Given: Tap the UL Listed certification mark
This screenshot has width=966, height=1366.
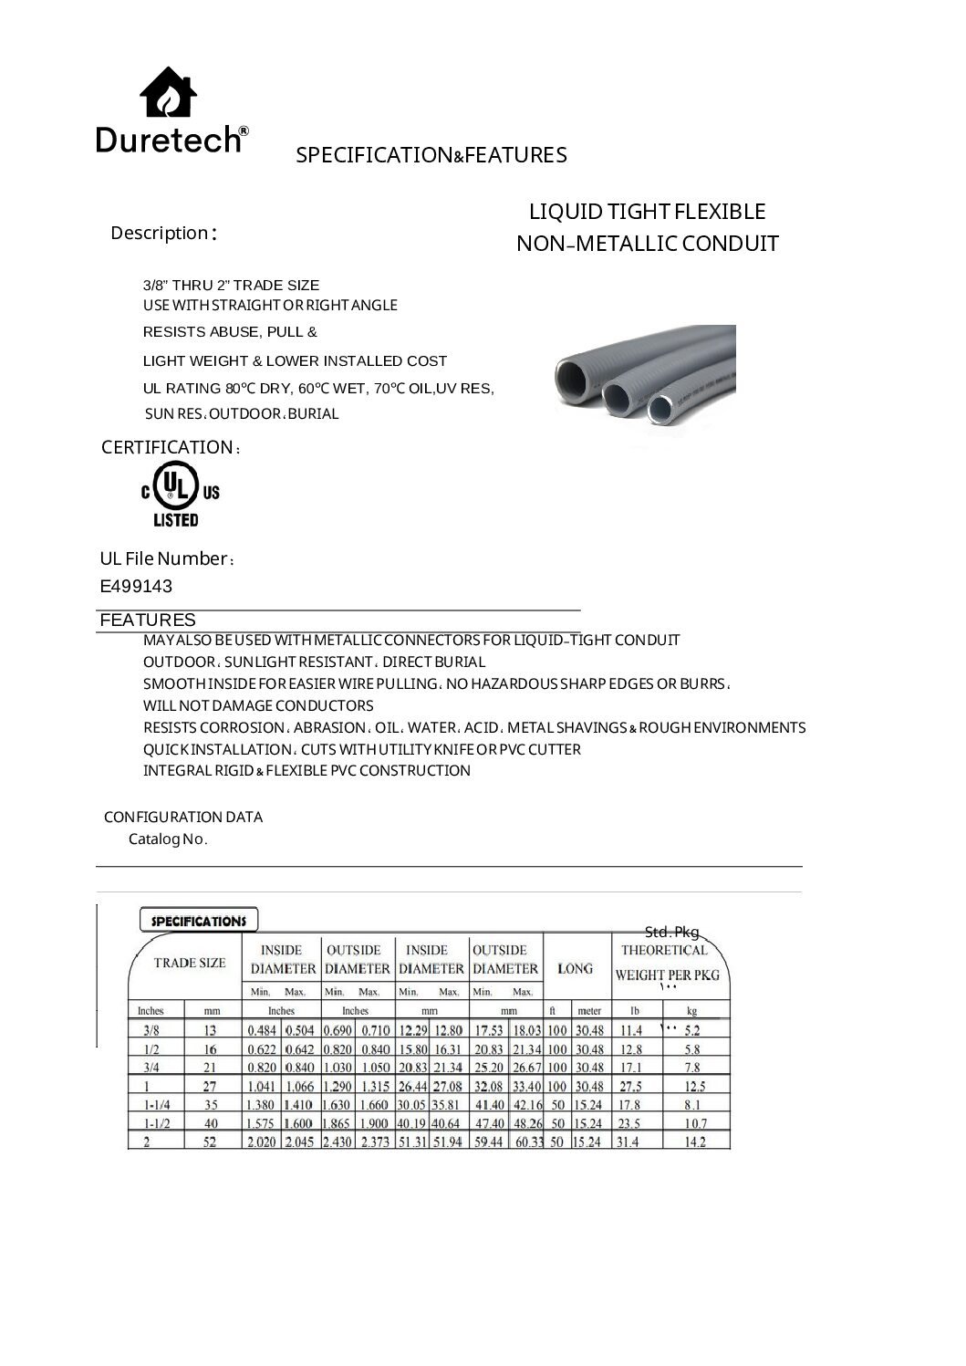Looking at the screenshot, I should click(x=180, y=494).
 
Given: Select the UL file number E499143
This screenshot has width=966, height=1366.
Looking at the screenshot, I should click(x=136, y=586).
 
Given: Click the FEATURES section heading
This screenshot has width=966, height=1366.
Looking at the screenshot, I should click(x=147, y=620).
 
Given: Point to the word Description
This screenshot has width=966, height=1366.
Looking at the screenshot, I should click(x=160, y=233).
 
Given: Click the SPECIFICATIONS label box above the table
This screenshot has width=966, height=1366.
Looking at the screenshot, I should click(x=199, y=920).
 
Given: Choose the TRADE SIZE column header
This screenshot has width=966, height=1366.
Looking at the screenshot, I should click(x=189, y=963).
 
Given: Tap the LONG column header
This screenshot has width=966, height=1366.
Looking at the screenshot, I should click(x=575, y=968).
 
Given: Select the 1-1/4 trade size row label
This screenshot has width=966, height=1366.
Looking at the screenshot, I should click(x=151, y=1105).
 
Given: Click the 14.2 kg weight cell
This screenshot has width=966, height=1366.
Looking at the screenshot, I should click(x=695, y=1142).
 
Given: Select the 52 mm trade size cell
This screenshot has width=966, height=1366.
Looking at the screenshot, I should click(x=210, y=1142).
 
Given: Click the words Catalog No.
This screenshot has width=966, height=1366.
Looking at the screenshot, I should click(x=168, y=839).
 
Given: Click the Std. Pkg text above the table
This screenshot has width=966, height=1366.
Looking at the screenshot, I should click(x=671, y=932).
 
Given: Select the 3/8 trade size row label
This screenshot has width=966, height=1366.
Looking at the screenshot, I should click(x=150, y=1030).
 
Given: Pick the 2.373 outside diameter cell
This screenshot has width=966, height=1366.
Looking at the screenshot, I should click(x=375, y=1142).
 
